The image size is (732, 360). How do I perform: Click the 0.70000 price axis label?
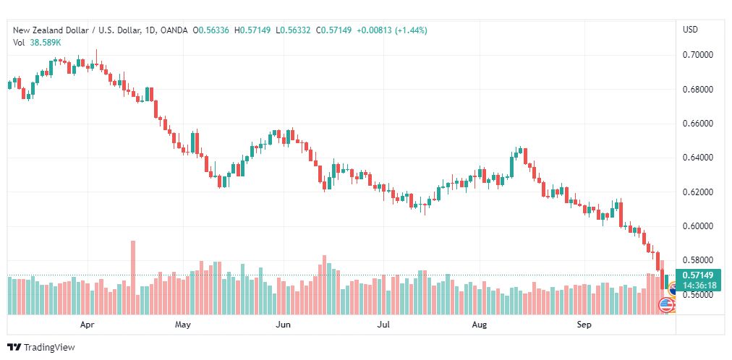(x=699, y=55)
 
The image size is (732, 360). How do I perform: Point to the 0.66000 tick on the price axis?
(x=699, y=124)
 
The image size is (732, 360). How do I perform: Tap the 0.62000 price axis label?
(x=699, y=192)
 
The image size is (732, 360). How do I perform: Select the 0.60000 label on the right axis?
(x=699, y=226)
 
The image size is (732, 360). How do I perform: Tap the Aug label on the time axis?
(x=480, y=325)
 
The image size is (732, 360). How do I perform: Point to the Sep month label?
(x=584, y=325)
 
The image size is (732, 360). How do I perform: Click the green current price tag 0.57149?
(x=698, y=275)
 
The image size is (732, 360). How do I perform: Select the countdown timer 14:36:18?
(x=698, y=285)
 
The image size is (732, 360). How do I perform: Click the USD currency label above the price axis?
(x=691, y=30)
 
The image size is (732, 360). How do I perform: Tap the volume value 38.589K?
(x=46, y=43)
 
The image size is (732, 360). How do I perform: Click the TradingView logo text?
(x=49, y=348)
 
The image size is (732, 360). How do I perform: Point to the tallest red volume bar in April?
(x=133, y=278)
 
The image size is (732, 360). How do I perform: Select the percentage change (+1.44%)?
(x=411, y=30)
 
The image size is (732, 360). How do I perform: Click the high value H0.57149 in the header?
(x=252, y=30)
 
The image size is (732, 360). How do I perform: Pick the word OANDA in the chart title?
(x=174, y=30)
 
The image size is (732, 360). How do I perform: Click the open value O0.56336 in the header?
(x=212, y=30)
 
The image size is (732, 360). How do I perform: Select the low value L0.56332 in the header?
(x=293, y=30)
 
